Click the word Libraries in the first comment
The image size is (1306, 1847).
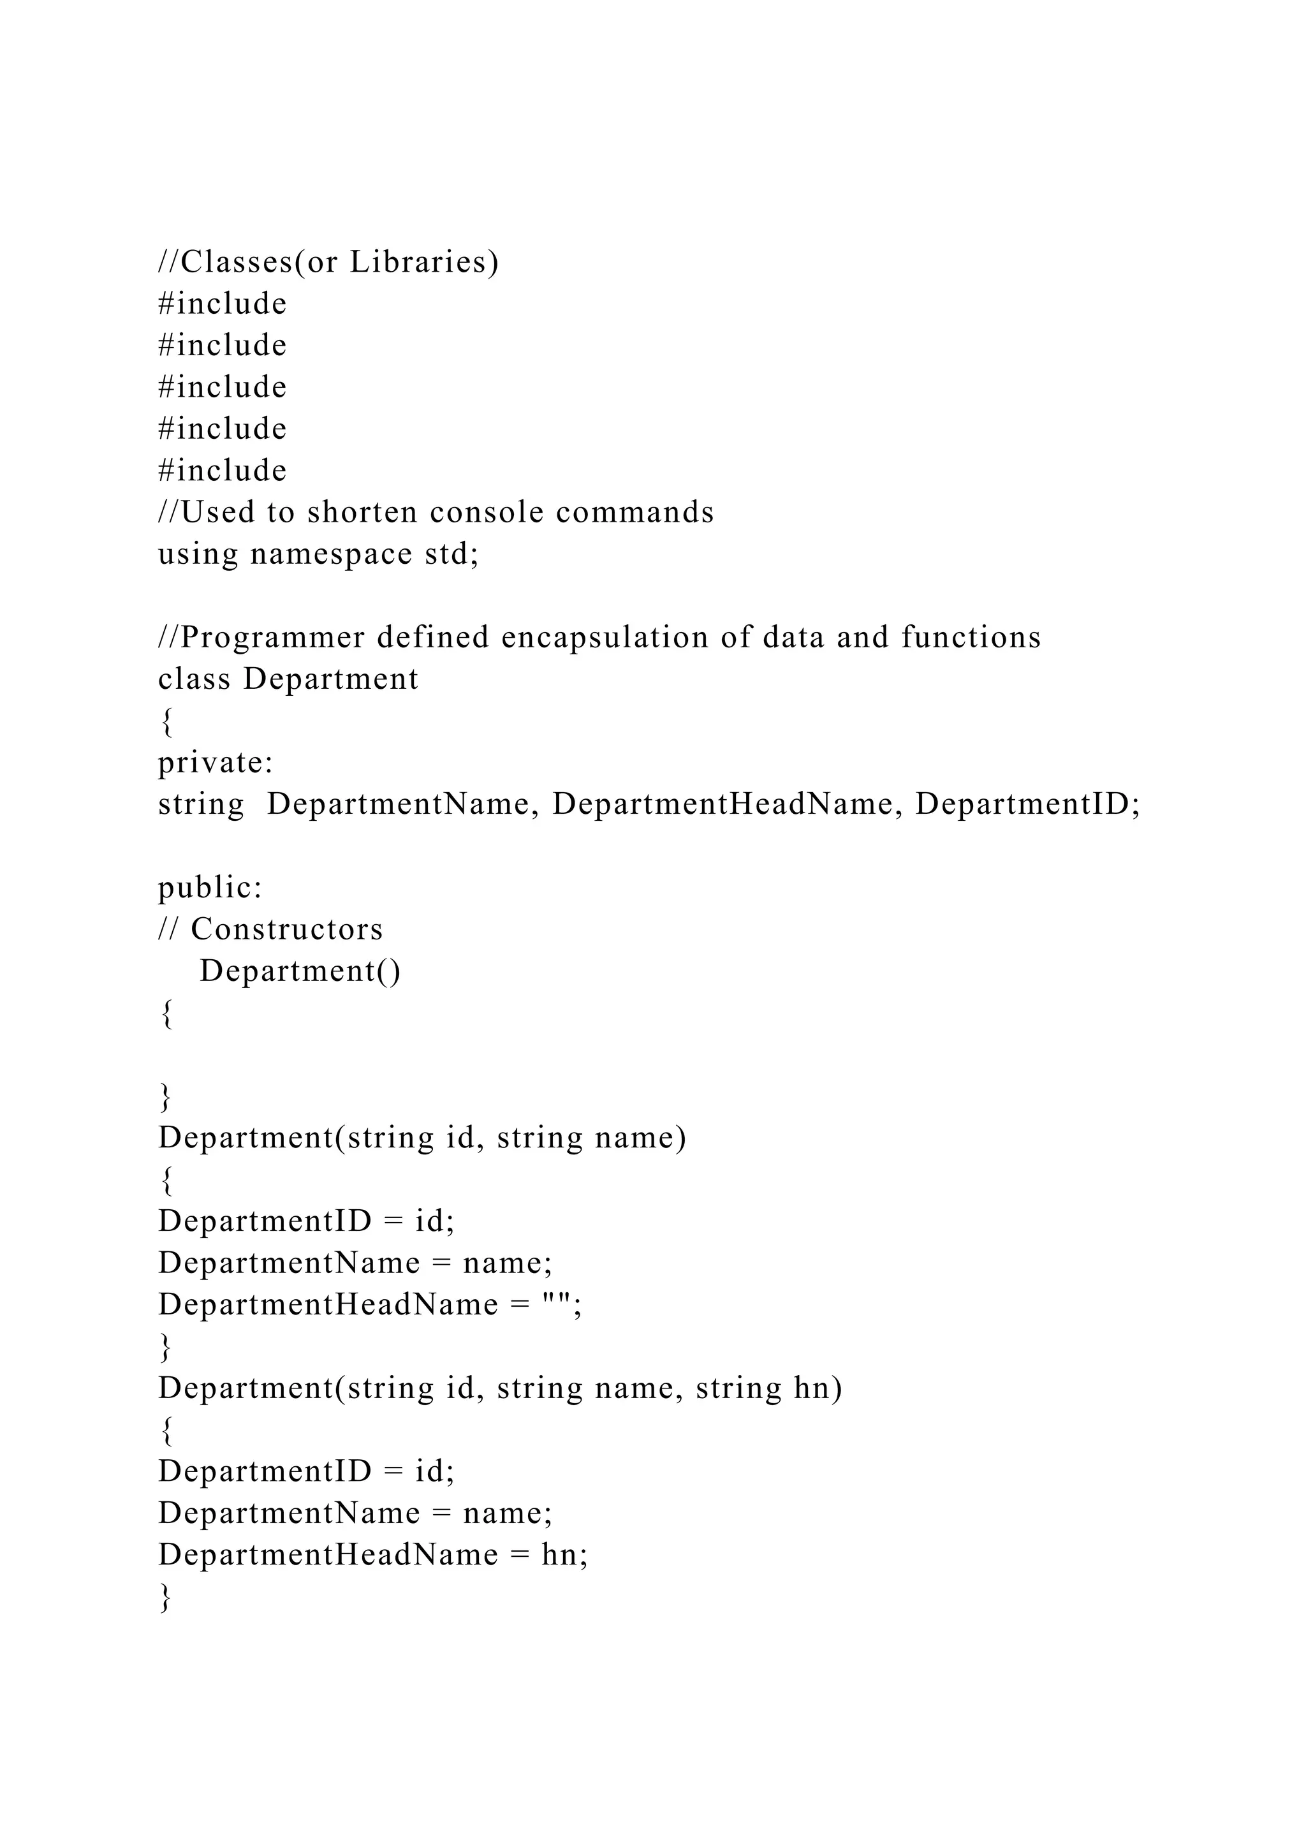coord(424,262)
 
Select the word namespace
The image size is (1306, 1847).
coord(332,554)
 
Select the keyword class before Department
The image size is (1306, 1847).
coord(194,679)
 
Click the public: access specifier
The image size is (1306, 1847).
coord(210,887)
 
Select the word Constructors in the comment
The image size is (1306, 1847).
coord(287,929)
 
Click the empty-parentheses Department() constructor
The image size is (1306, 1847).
coord(300,971)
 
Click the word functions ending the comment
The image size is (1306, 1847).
coord(971,637)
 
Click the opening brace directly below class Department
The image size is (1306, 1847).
coord(166,721)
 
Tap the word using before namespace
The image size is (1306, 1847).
coord(198,554)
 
